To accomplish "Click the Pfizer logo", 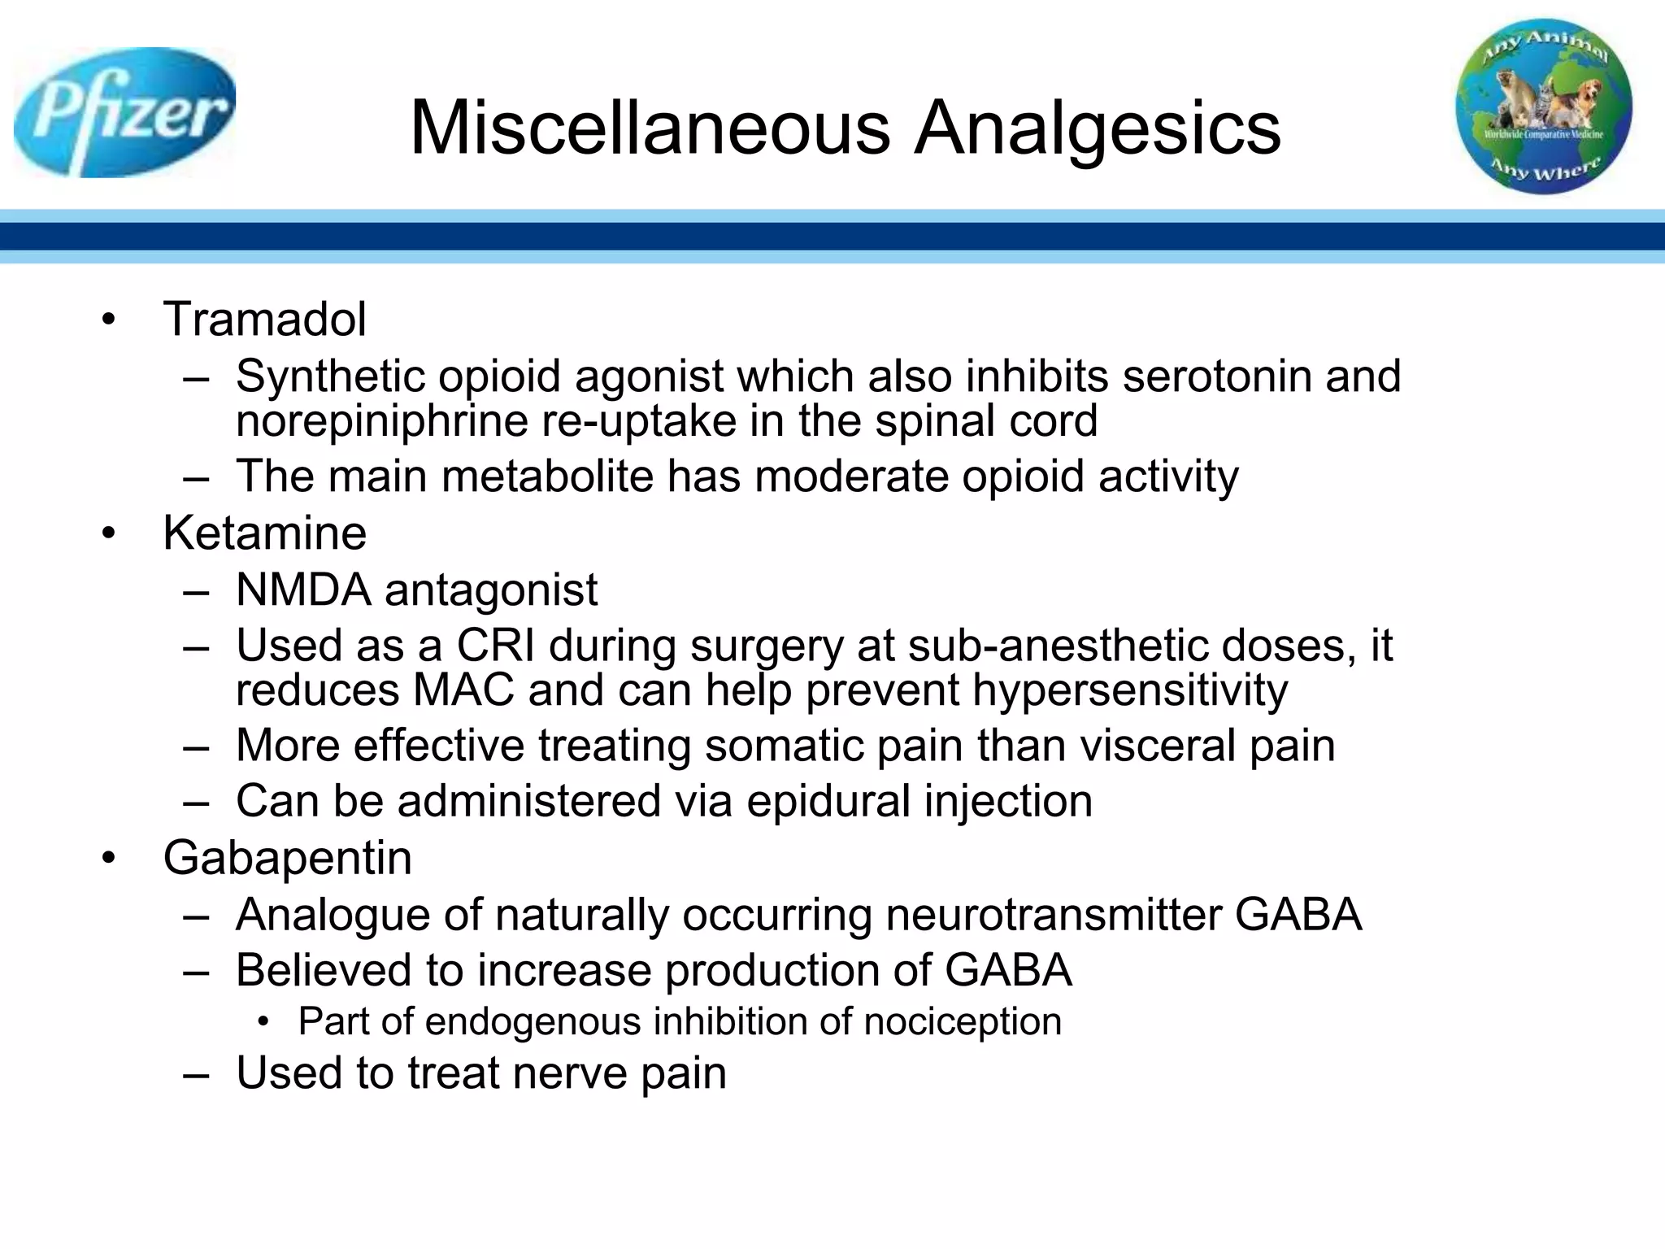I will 124,112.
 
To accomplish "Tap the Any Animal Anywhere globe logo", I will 1543,107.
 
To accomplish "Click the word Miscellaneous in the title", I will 650,128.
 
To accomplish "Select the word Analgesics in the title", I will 1098,128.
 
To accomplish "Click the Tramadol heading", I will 264,319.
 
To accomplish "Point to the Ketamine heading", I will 264,533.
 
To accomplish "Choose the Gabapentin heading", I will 287,858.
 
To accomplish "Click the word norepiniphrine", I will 380,421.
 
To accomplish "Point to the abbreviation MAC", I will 463,690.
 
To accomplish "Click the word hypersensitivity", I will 1130,690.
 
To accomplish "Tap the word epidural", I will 828,801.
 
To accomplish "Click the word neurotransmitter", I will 1053,915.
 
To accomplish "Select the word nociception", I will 963,1021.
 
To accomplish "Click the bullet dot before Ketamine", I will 109,534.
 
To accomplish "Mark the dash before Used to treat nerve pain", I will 197,1074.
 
